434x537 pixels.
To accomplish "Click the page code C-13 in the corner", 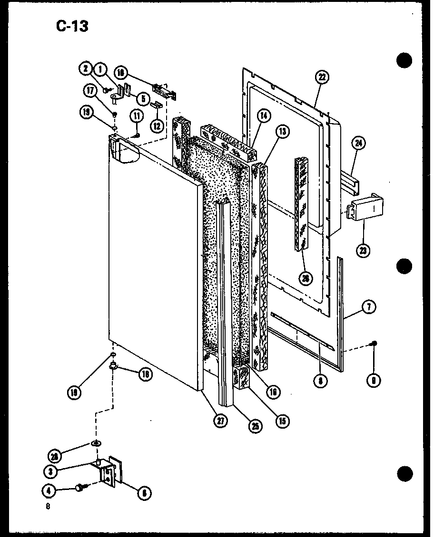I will pyautogui.click(x=72, y=26).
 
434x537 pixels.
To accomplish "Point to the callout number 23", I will pyautogui.click(x=365, y=250).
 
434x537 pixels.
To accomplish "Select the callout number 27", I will pyautogui.click(x=220, y=421).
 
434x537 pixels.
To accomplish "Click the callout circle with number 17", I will pyautogui.click(x=89, y=90).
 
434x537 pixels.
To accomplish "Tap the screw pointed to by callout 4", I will pyautogui.click(x=81, y=488).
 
